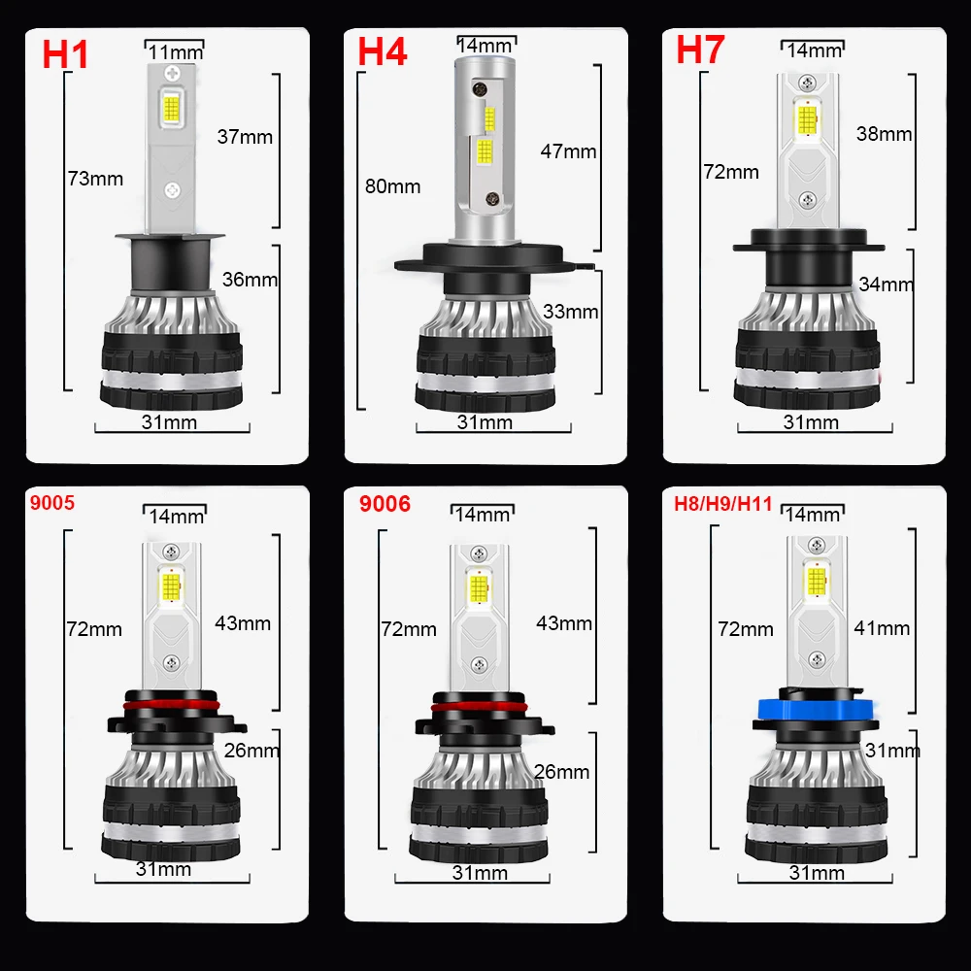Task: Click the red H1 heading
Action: (x=65, y=53)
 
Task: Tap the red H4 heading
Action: (x=383, y=51)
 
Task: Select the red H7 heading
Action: (x=701, y=50)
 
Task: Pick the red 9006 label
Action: (x=385, y=504)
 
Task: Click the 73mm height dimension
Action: (x=95, y=179)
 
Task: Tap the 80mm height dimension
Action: (x=392, y=185)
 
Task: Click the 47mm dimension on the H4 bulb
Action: (x=568, y=151)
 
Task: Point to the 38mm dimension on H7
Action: (x=884, y=134)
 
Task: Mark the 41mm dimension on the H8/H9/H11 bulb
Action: (x=882, y=628)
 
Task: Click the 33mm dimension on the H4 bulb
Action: (x=570, y=312)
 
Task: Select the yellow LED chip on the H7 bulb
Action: (x=804, y=120)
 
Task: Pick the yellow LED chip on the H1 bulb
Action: (x=172, y=108)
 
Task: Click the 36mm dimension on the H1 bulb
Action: (x=250, y=280)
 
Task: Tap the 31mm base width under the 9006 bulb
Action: (x=480, y=873)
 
